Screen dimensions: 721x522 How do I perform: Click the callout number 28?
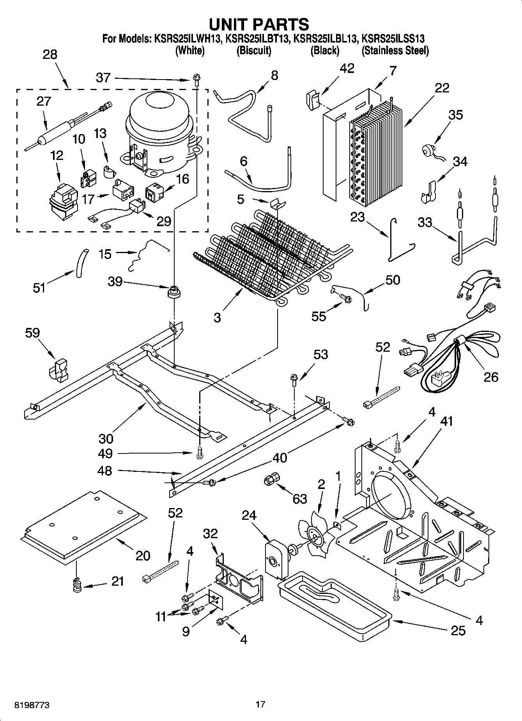[50, 54]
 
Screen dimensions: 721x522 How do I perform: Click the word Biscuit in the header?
[254, 51]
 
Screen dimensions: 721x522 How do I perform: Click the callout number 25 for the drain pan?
[458, 631]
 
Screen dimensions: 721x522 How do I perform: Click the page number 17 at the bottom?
[260, 704]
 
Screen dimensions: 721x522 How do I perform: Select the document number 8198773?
[32, 705]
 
